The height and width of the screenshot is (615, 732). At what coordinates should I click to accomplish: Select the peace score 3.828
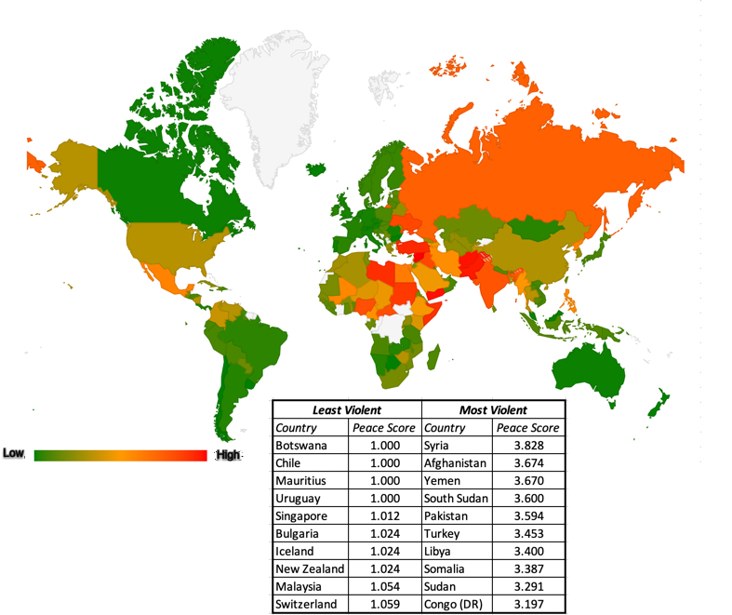pos(527,446)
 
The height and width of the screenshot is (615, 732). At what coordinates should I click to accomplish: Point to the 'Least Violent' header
pos(346,409)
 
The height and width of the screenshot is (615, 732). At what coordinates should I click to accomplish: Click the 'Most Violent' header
pos(493,409)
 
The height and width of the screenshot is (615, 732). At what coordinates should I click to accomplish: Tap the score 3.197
pos(527,604)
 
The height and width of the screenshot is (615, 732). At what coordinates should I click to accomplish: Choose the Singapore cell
pos(303,515)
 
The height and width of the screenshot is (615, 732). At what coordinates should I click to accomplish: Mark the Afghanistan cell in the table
pos(455,462)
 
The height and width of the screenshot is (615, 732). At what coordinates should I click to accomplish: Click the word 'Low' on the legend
pos(14,453)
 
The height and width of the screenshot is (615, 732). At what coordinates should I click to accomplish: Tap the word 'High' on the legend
pos(228,454)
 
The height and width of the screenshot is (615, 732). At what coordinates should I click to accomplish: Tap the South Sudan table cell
pos(456,498)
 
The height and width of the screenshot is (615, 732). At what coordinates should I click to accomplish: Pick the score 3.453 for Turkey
pos(527,533)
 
